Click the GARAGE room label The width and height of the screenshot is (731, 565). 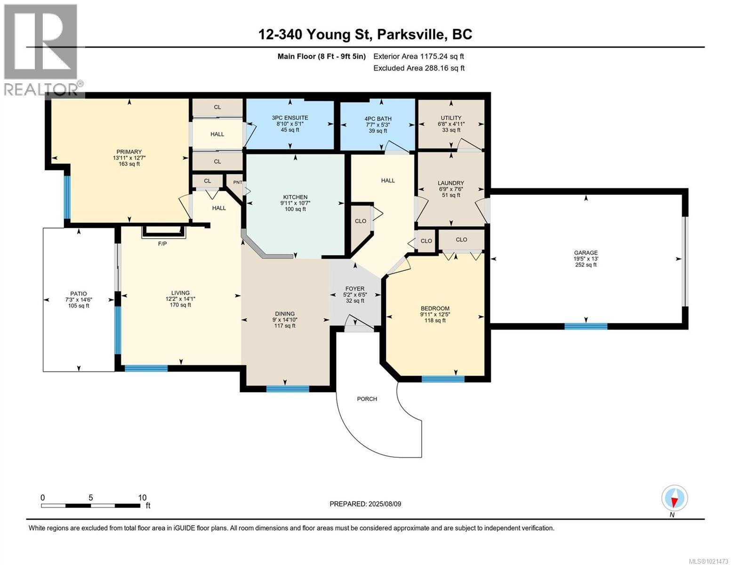(x=585, y=253)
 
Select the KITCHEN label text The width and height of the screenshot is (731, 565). (x=295, y=197)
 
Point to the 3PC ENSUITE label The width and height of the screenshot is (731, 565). (x=290, y=118)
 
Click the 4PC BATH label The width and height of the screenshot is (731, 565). (x=378, y=119)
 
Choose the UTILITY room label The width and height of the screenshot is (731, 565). (x=451, y=118)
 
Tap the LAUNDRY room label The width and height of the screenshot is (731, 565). (x=450, y=183)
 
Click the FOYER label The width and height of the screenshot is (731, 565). (x=354, y=289)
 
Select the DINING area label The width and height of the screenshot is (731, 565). (x=285, y=314)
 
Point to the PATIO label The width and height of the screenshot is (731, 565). (x=79, y=294)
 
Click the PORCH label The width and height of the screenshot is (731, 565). (x=367, y=399)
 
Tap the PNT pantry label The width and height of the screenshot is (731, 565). (x=238, y=182)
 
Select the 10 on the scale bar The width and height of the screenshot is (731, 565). (x=142, y=498)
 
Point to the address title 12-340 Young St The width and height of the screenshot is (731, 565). (x=365, y=34)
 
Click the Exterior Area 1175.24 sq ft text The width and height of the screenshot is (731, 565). (x=418, y=56)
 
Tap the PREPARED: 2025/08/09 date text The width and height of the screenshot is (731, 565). (x=365, y=504)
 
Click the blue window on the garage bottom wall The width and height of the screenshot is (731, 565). (x=586, y=326)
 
